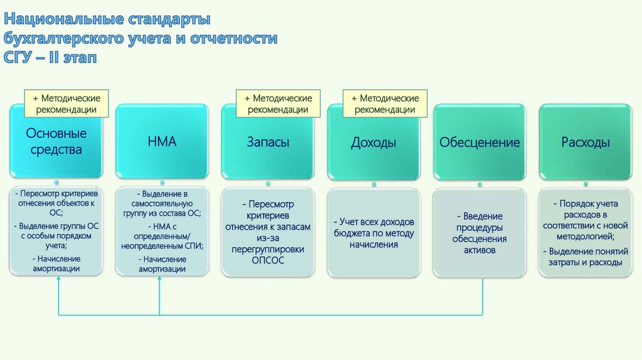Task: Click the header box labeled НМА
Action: [162, 142]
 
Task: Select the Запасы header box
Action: [268, 142]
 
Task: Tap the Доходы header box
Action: [374, 142]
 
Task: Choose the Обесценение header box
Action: [480, 142]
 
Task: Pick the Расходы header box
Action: [585, 142]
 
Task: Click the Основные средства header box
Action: [56, 142]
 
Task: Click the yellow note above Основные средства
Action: [66, 104]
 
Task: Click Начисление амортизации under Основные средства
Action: [56, 263]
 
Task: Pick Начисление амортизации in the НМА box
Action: [162, 263]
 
